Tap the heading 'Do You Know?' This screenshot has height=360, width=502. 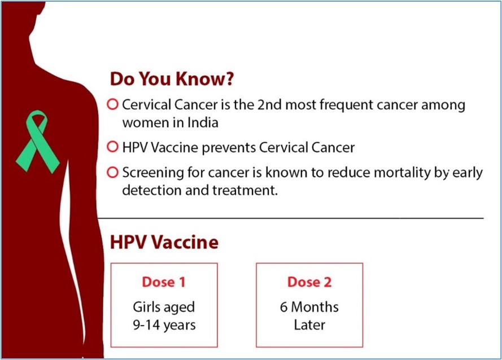coord(172,79)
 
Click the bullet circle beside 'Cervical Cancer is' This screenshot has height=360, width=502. coord(113,104)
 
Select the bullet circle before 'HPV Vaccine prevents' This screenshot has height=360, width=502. coord(113,147)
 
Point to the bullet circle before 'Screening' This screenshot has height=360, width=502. coord(113,172)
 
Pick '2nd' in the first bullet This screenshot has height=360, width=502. coord(269,104)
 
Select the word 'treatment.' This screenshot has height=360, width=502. coord(245,190)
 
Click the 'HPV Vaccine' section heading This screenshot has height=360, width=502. coord(164,242)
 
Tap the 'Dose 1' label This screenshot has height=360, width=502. coord(164,282)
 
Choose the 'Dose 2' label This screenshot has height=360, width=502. coord(309,282)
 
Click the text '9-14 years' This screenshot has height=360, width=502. coord(164,326)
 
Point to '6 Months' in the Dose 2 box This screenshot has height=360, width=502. coord(309,307)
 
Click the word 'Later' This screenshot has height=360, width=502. coord(309,325)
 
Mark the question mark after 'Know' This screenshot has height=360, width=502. coord(230,79)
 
